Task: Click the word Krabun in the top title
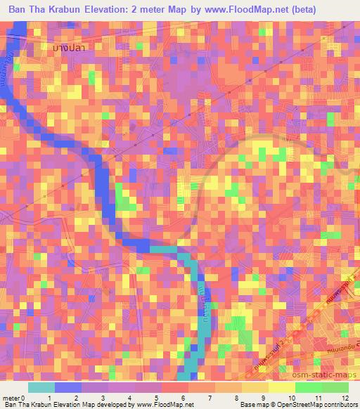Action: click(x=86, y=10)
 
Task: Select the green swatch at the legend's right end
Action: click(x=334, y=387)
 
